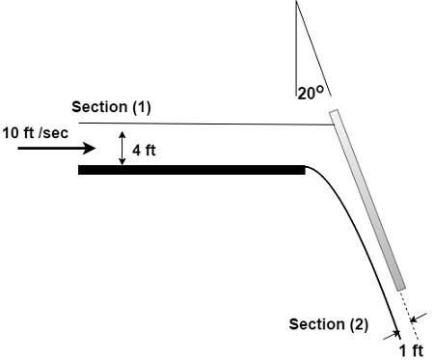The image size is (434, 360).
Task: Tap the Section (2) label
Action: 329,323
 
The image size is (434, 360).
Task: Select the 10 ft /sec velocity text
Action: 36,132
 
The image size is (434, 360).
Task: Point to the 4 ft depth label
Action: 146,150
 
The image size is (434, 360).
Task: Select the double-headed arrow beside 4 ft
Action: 122,149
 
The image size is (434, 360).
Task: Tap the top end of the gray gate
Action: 335,115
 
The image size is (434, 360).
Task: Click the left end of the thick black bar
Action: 81,170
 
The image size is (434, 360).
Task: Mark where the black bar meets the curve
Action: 305,170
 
